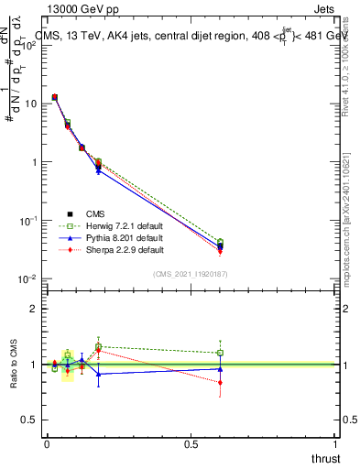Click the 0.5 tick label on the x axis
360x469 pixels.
click(191, 444)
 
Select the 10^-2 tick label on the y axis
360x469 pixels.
click(27, 279)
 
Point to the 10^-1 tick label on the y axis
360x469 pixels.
click(27, 221)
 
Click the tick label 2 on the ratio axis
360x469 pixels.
click(33, 309)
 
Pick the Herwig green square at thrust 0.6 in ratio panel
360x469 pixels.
click(220, 353)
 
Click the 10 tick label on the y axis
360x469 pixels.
click(30, 104)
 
